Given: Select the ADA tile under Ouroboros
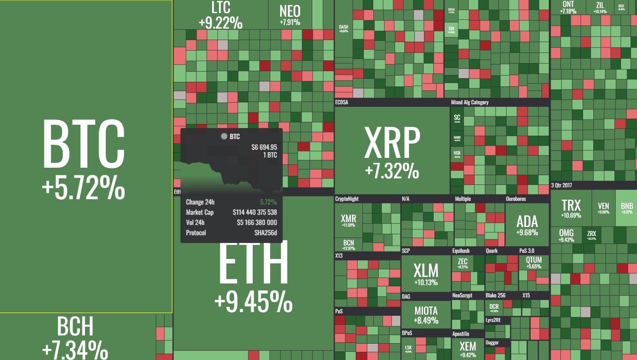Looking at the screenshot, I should (527, 225).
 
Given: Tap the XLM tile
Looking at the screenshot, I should (425, 274).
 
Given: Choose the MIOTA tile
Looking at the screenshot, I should (426, 315).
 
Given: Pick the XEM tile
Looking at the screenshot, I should (468, 349).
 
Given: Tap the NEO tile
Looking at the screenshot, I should (290, 14).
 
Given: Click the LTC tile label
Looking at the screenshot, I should (221, 7).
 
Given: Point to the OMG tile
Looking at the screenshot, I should (566, 235).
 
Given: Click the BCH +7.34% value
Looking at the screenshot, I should (75, 350).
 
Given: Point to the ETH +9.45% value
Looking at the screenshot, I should (253, 302).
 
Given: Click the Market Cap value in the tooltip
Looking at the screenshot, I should (254, 212).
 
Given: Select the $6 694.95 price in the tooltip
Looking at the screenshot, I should (264, 147).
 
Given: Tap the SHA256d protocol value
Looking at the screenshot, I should (266, 233).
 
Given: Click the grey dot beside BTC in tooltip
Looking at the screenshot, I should (224, 136).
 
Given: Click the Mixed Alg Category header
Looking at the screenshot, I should (469, 102).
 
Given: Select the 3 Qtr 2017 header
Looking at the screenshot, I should (561, 185).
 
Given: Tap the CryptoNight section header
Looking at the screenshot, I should (347, 199).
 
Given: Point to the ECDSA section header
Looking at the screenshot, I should (342, 102).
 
